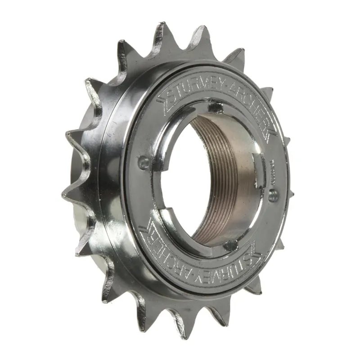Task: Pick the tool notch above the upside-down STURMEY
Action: pos(230,245)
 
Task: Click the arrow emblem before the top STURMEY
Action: pos(162,95)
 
